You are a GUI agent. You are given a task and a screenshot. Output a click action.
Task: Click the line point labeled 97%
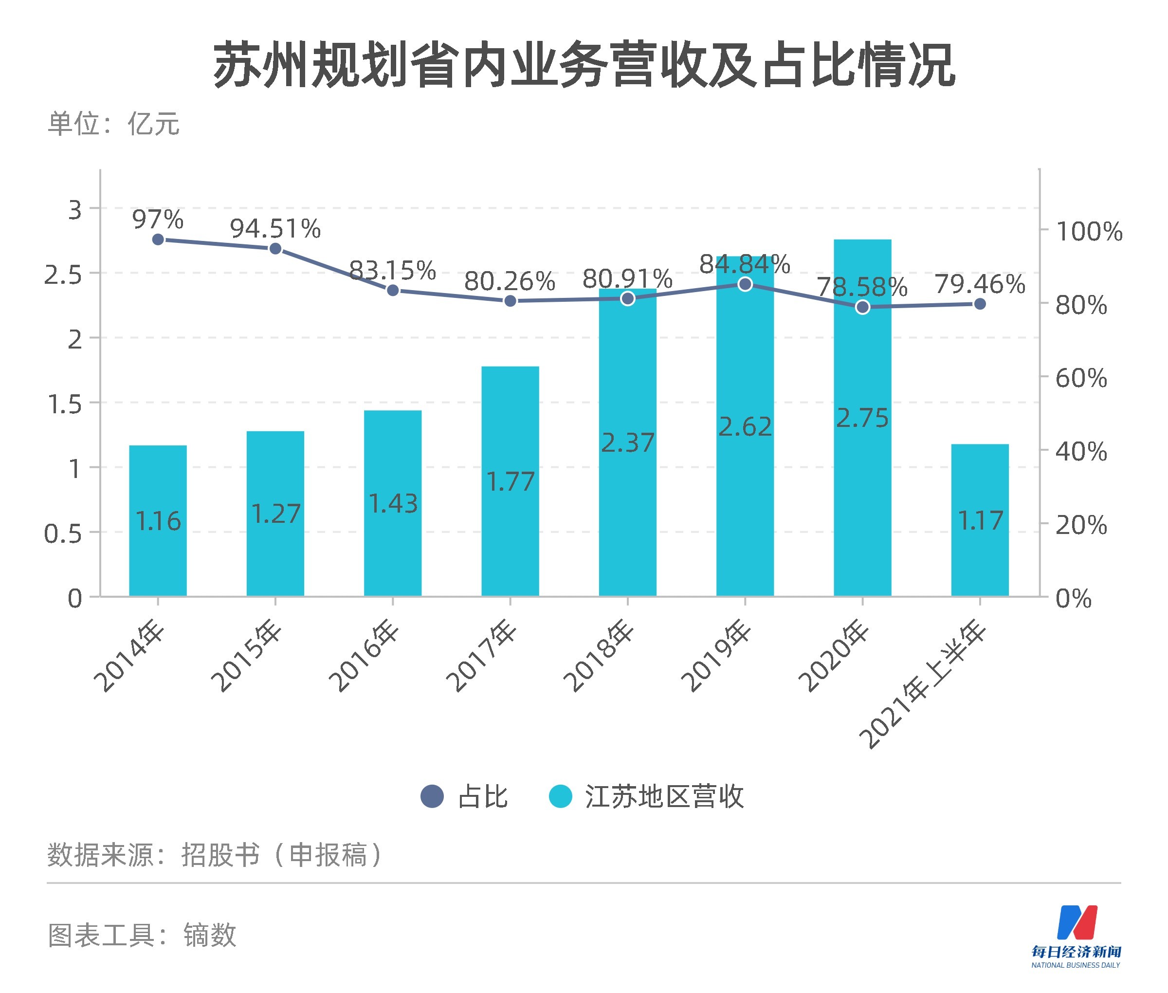point(158,239)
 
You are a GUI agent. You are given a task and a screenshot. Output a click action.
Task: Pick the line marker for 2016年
point(393,291)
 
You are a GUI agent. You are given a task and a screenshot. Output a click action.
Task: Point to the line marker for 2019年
point(745,284)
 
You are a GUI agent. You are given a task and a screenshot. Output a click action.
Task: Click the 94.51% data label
point(275,229)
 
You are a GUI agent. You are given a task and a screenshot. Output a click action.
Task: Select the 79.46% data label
point(980,284)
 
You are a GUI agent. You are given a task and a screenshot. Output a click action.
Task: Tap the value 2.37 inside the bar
point(628,443)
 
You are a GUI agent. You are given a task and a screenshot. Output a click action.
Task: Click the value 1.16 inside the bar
point(158,521)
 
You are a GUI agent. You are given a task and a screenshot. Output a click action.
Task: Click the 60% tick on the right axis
point(1081,378)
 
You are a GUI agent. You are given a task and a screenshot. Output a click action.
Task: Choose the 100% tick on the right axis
point(1089,231)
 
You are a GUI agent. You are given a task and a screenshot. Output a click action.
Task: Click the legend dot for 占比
point(432,796)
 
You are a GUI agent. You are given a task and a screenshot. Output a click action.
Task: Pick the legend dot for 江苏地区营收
point(560,796)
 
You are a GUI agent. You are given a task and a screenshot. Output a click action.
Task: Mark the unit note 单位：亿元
point(113,124)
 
